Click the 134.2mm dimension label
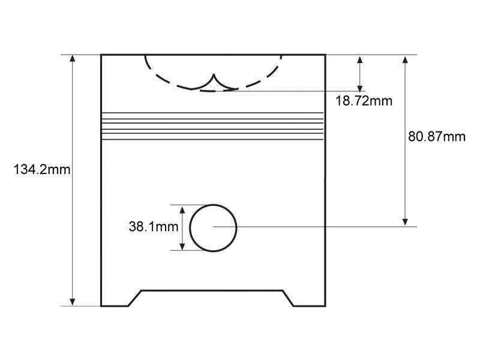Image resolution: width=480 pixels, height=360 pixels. click(x=42, y=169)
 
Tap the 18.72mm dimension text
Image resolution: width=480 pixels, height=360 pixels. click(x=364, y=101)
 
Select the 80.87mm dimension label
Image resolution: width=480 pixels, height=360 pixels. click(x=437, y=137)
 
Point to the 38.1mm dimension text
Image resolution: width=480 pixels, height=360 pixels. click(x=154, y=227)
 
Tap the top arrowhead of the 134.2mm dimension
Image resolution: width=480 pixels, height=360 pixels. click(x=72, y=58)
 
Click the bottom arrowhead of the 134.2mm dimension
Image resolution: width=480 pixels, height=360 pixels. click(x=72, y=302)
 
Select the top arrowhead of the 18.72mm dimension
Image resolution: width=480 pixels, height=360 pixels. click(x=360, y=59)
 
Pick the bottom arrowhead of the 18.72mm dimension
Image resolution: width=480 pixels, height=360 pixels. click(x=360, y=88)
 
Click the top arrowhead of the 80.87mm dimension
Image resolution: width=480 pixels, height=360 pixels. click(x=405, y=59)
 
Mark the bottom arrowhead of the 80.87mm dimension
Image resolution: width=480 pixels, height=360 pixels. click(x=405, y=222)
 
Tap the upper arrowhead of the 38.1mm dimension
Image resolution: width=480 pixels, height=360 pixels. click(x=182, y=210)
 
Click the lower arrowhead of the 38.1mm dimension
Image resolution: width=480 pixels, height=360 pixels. click(x=182, y=246)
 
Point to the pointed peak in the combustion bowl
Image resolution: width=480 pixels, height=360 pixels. click(x=214, y=74)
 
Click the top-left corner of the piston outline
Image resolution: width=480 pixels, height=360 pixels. click(x=101, y=55)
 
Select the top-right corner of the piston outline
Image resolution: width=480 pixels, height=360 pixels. click(x=325, y=55)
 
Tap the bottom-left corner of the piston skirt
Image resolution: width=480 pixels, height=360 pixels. click(x=101, y=306)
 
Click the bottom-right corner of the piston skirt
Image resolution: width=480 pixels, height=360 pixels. click(x=325, y=306)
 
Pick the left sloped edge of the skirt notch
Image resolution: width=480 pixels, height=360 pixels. click(x=135, y=298)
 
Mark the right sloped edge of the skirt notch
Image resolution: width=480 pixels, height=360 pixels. click(x=288, y=298)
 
